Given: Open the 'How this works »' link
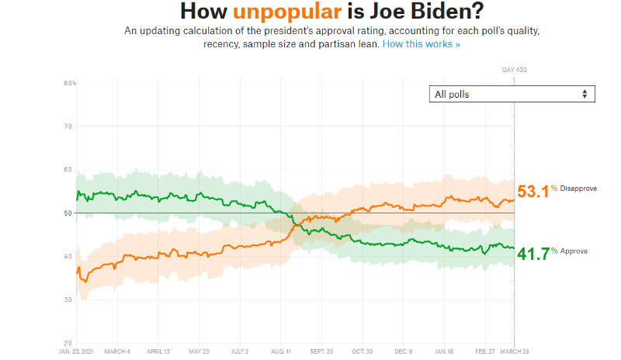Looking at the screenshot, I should [x=422, y=44].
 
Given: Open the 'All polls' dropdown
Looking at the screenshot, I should [x=512, y=94].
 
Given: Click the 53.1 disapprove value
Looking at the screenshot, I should [x=533, y=191].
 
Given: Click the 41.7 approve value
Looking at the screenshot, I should [x=533, y=253].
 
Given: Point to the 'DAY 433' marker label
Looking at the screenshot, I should [x=514, y=71].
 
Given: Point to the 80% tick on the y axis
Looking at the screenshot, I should [x=69, y=82].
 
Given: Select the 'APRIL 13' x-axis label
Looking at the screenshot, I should [x=158, y=351].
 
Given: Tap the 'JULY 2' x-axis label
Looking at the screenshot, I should [x=241, y=351].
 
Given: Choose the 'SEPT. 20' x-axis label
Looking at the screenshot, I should [x=321, y=351].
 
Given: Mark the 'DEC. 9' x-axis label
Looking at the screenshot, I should [x=403, y=351].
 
